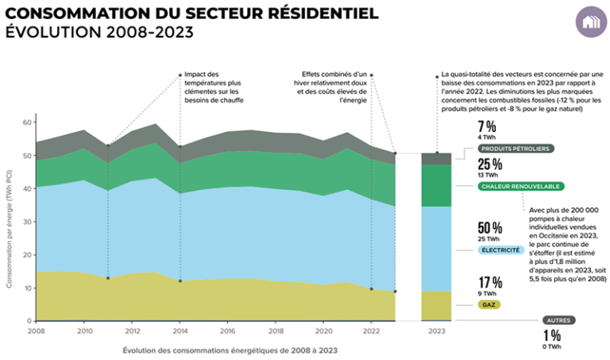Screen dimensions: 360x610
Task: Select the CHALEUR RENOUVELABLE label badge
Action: coord(521,187)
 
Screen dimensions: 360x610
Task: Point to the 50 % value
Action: coord(489,227)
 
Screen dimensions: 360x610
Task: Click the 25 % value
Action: coord(489,165)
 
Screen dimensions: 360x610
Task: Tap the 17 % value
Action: coord(489,282)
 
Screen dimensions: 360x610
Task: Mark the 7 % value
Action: coord(487,126)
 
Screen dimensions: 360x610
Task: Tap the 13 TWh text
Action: coord(488,176)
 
